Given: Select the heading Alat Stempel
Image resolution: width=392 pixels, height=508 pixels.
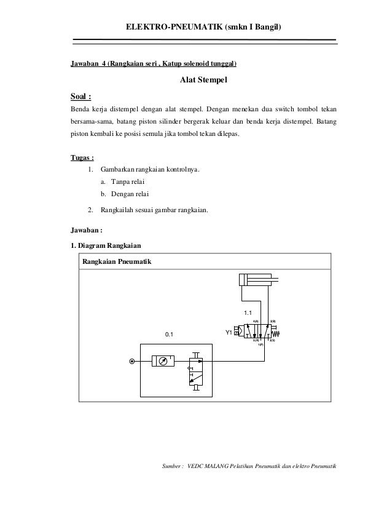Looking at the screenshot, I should (x=203, y=79).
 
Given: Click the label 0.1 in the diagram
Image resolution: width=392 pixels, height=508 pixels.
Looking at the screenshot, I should (x=168, y=335).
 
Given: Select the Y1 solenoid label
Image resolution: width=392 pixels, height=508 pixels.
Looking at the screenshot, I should (x=229, y=333).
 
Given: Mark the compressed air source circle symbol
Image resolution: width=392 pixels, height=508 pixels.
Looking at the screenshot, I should (x=131, y=362).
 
